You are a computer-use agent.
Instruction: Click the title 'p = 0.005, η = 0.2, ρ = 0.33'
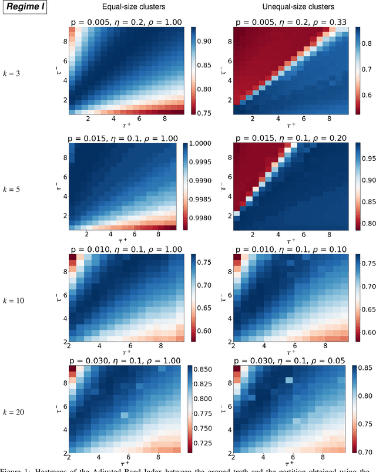(288, 22)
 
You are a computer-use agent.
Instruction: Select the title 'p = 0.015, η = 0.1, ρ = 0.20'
(288, 137)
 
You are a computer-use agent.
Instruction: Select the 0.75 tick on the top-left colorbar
(204, 112)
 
